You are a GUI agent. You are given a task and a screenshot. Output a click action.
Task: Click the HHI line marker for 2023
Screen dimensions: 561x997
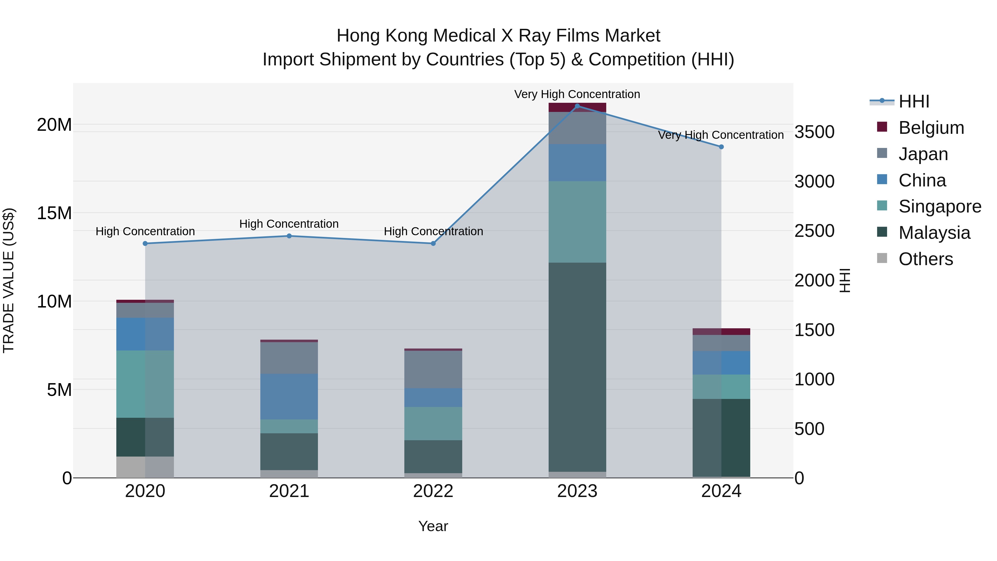click(x=577, y=106)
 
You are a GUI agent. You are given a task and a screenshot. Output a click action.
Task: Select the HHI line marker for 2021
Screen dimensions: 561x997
click(x=289, y=236)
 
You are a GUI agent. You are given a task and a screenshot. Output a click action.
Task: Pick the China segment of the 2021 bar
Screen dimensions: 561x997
click(x=289, y=396)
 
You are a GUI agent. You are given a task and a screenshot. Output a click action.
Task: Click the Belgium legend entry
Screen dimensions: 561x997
click(x=931, y=128)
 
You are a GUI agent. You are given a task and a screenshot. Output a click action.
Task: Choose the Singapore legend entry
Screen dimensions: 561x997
click(x=939, y=206)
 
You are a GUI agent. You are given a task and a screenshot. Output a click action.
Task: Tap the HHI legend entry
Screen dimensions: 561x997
click(x=913, y=101)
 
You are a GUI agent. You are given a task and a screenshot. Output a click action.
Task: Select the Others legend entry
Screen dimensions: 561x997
click(x=925, y=259)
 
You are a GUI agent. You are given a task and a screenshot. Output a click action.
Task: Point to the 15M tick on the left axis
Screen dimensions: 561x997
click(x=55, y=213)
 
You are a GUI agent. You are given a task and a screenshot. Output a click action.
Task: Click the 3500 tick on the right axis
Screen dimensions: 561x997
click(x=814, y=132)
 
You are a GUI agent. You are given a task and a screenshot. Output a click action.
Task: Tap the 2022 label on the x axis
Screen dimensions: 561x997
click(x=433, y=491)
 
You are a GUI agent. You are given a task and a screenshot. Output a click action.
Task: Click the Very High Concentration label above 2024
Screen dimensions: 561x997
click(x=721, y=135)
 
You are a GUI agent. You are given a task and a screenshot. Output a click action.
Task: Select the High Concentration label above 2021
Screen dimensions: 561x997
click(x=289, y=224)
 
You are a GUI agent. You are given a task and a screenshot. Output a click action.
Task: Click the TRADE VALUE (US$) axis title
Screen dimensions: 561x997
click(x=9, y=280)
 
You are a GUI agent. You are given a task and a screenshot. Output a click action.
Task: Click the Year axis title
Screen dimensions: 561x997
click(x=433, y=526)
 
